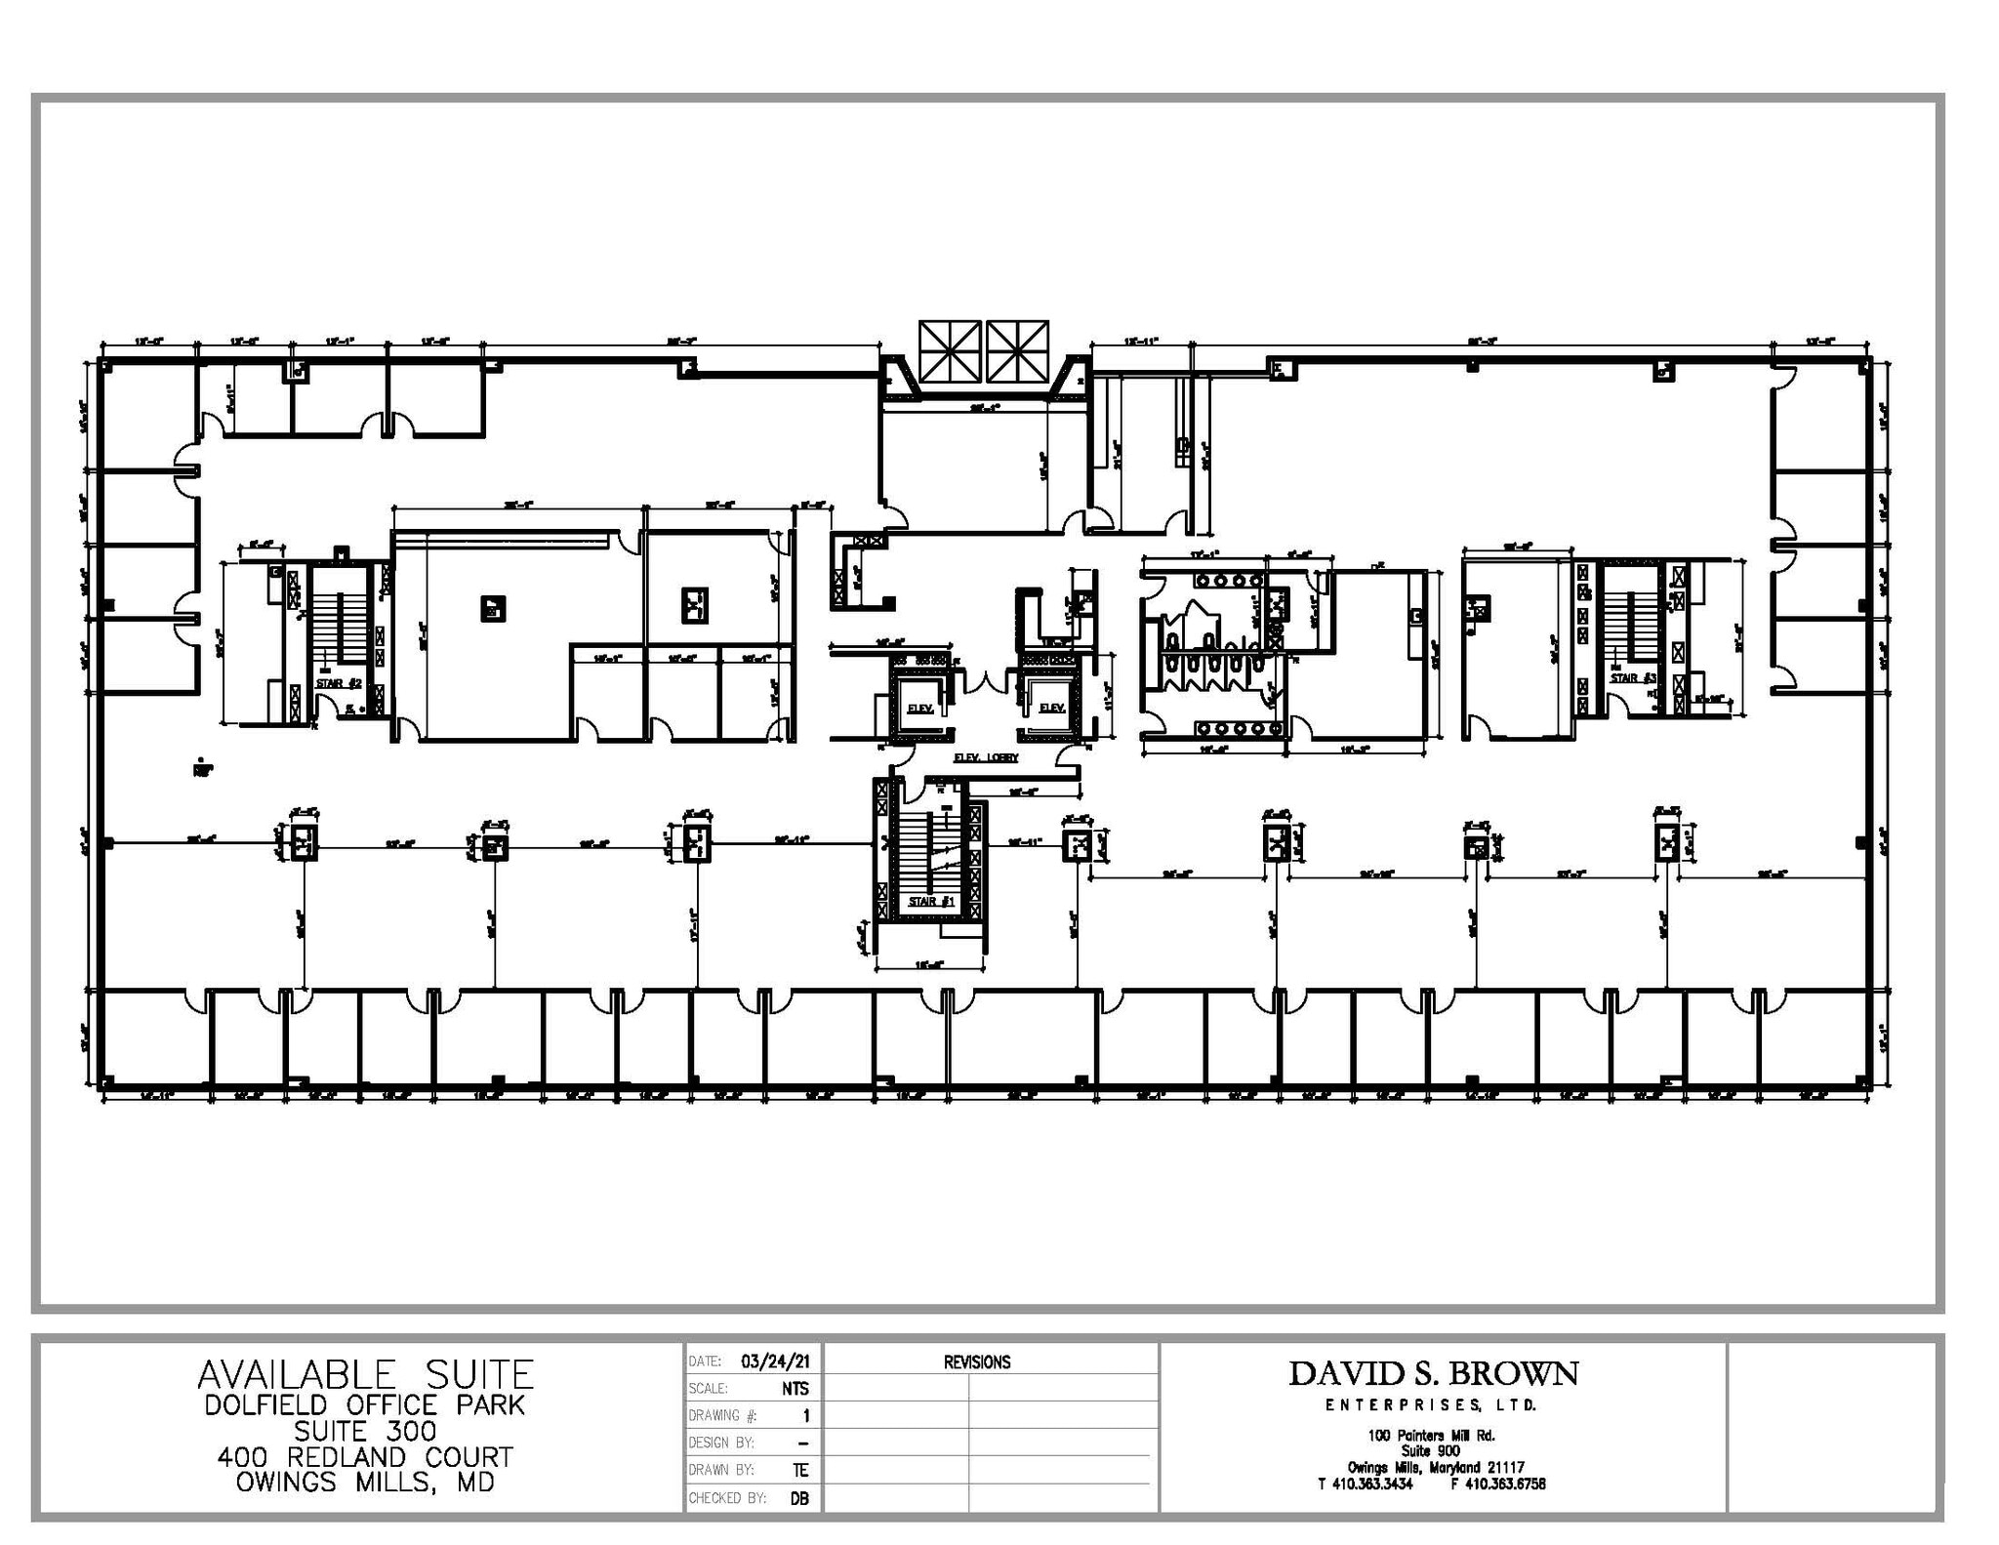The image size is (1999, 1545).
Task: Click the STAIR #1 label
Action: click(x=930, y=902)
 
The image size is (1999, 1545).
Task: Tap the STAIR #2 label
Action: click(x=339, y=684)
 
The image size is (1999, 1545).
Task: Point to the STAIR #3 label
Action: click(x=1633, y=677)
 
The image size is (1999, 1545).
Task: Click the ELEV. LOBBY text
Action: click(x=985, y=757)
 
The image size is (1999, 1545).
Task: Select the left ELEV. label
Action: click(x=919, y=709)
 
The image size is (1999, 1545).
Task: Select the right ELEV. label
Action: click(x=1051, y=708)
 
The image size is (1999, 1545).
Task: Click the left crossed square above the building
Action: click(x=949, y=351)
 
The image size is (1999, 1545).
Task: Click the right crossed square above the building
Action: click(x=1017, y=351)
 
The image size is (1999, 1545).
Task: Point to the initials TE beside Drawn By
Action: click(x=800, y=1470)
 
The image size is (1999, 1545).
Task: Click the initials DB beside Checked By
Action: click(x=798, y=1498)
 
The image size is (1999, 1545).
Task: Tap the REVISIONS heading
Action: click(x=976, y=1362)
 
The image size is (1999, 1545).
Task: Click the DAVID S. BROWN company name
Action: click(x=1432, y=1374)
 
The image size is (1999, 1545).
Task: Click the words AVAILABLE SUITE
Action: click(x=365, y=1375)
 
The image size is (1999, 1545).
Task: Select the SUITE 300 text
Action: click(x=365, y=1432)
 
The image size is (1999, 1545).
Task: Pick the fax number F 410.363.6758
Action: click(x=1497, y=1484)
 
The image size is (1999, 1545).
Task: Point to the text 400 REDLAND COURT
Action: click(x=365, y=1457)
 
